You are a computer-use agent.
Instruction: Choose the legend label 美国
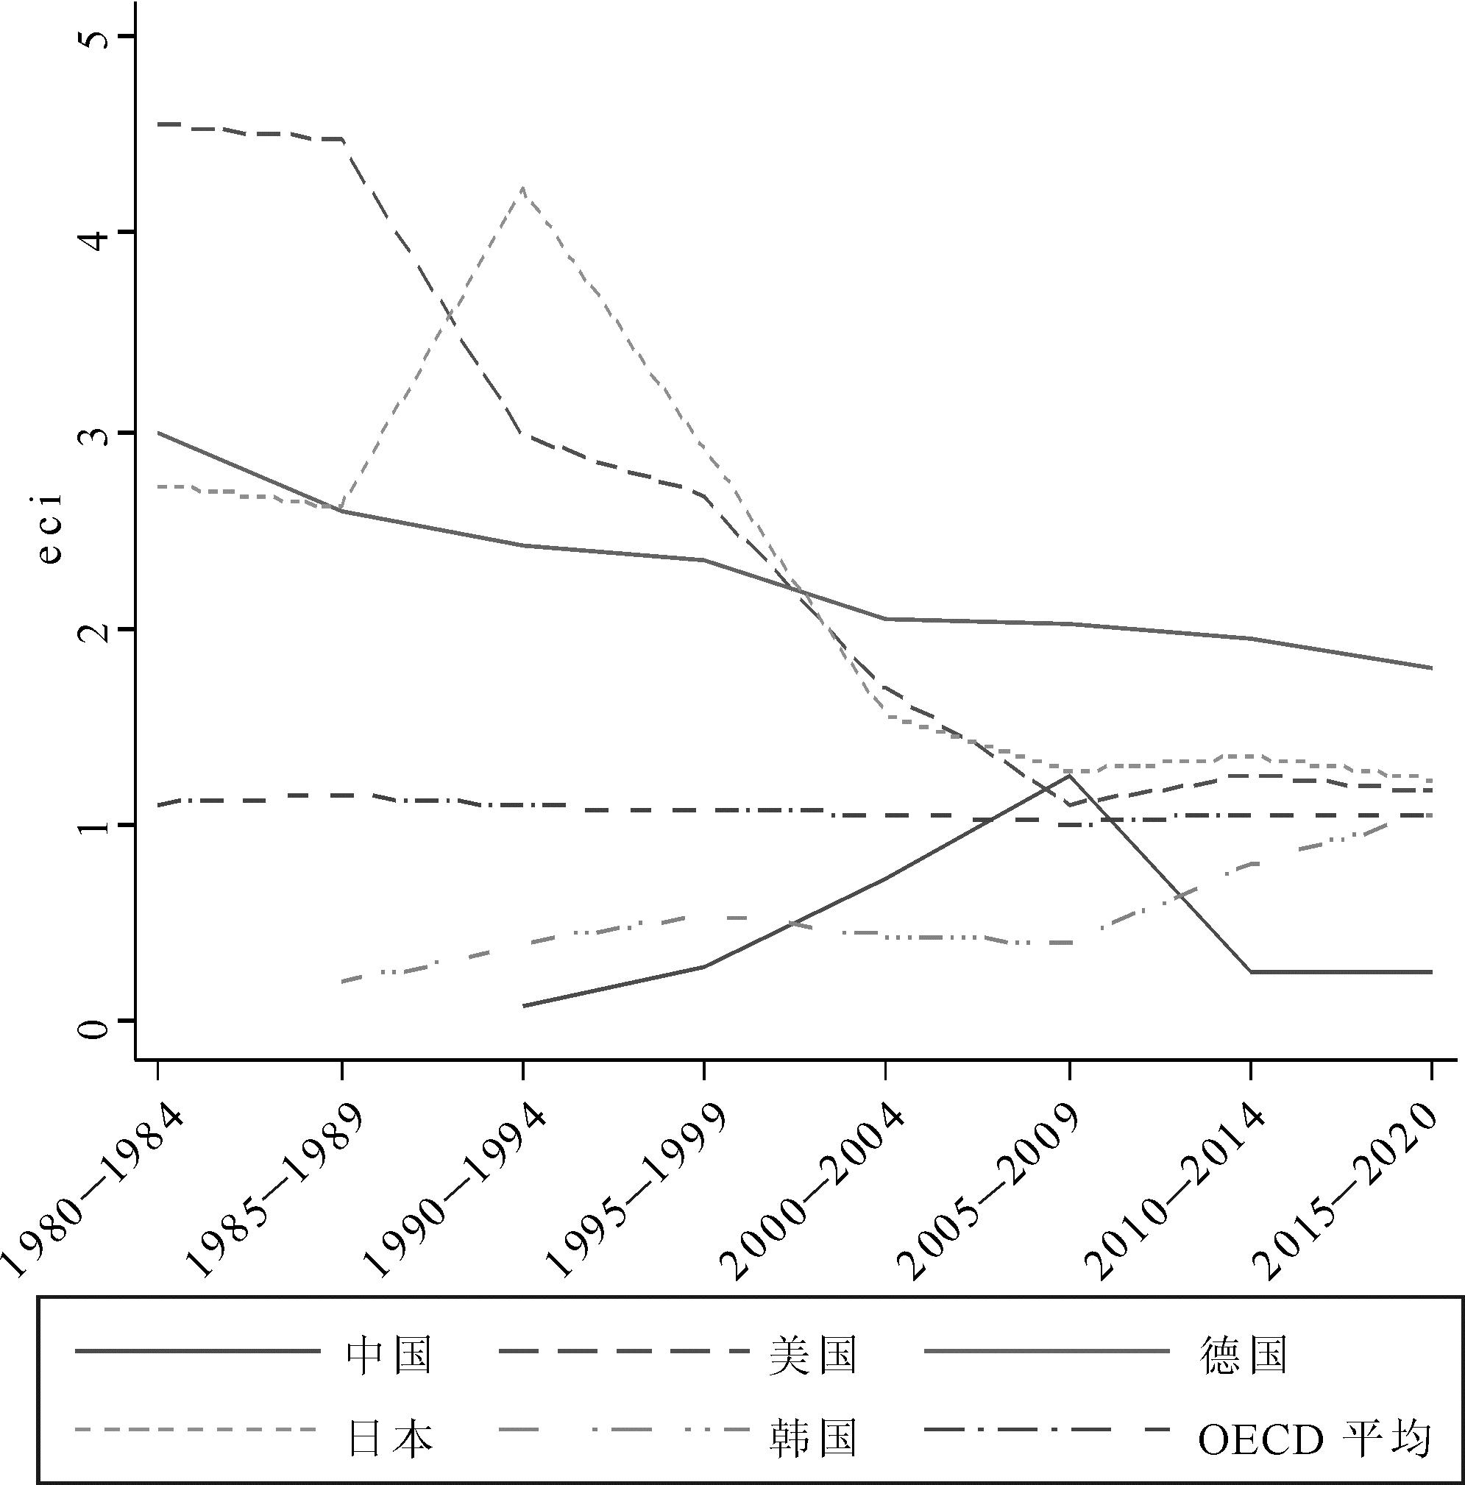coord(813,1355)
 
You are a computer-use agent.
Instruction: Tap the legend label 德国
coord(1243,1355)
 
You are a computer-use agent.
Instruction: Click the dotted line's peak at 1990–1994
coord(522,188)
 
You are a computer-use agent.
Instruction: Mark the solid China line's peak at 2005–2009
coord(1068,776)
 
